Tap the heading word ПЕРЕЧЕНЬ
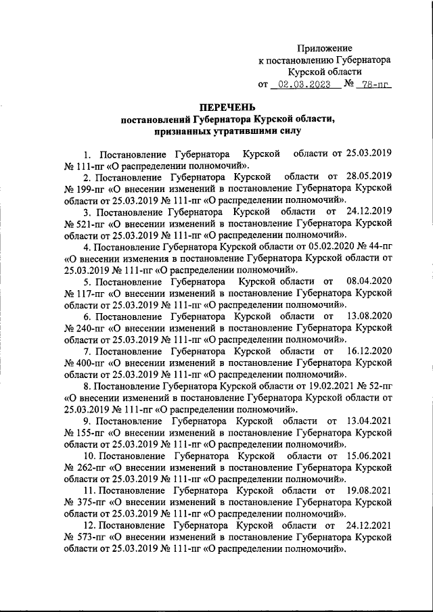tap(227, 108)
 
